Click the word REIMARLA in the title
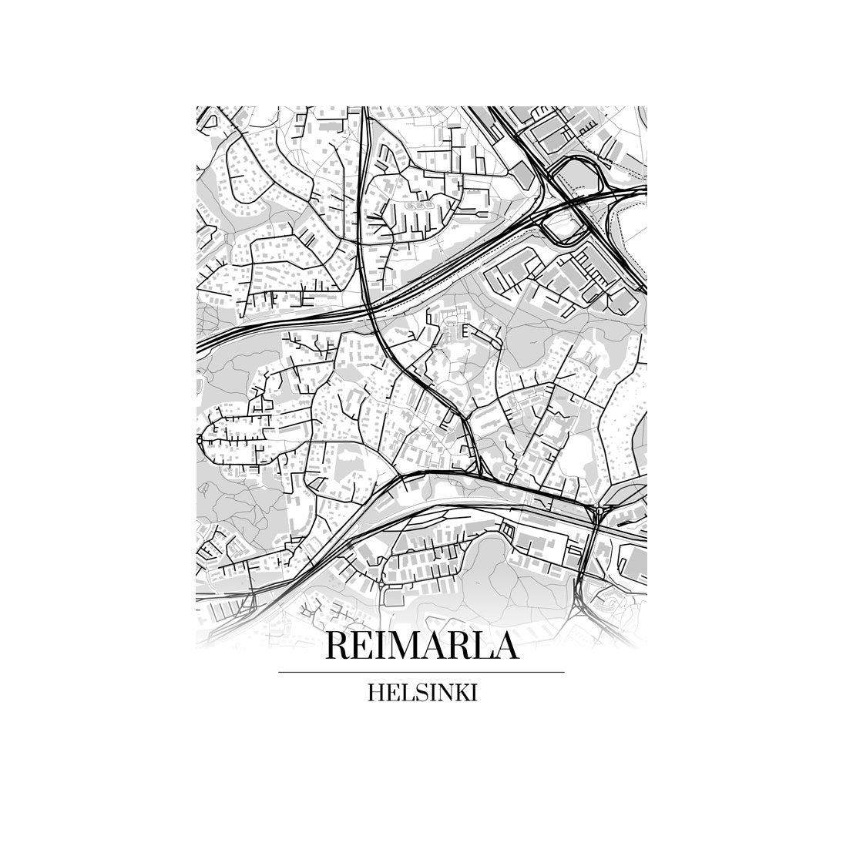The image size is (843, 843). pyautogui.click(x=421, y=646)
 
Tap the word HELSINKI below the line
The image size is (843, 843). pyautogui.click(x=422, y=694)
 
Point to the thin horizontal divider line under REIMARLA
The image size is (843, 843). pyautogui.click(x=421, y=673)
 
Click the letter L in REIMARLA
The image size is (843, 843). pyautogui.click(x=477, y=646)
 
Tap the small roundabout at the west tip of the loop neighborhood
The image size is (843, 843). pyautogui.click(x=199, y=438)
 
